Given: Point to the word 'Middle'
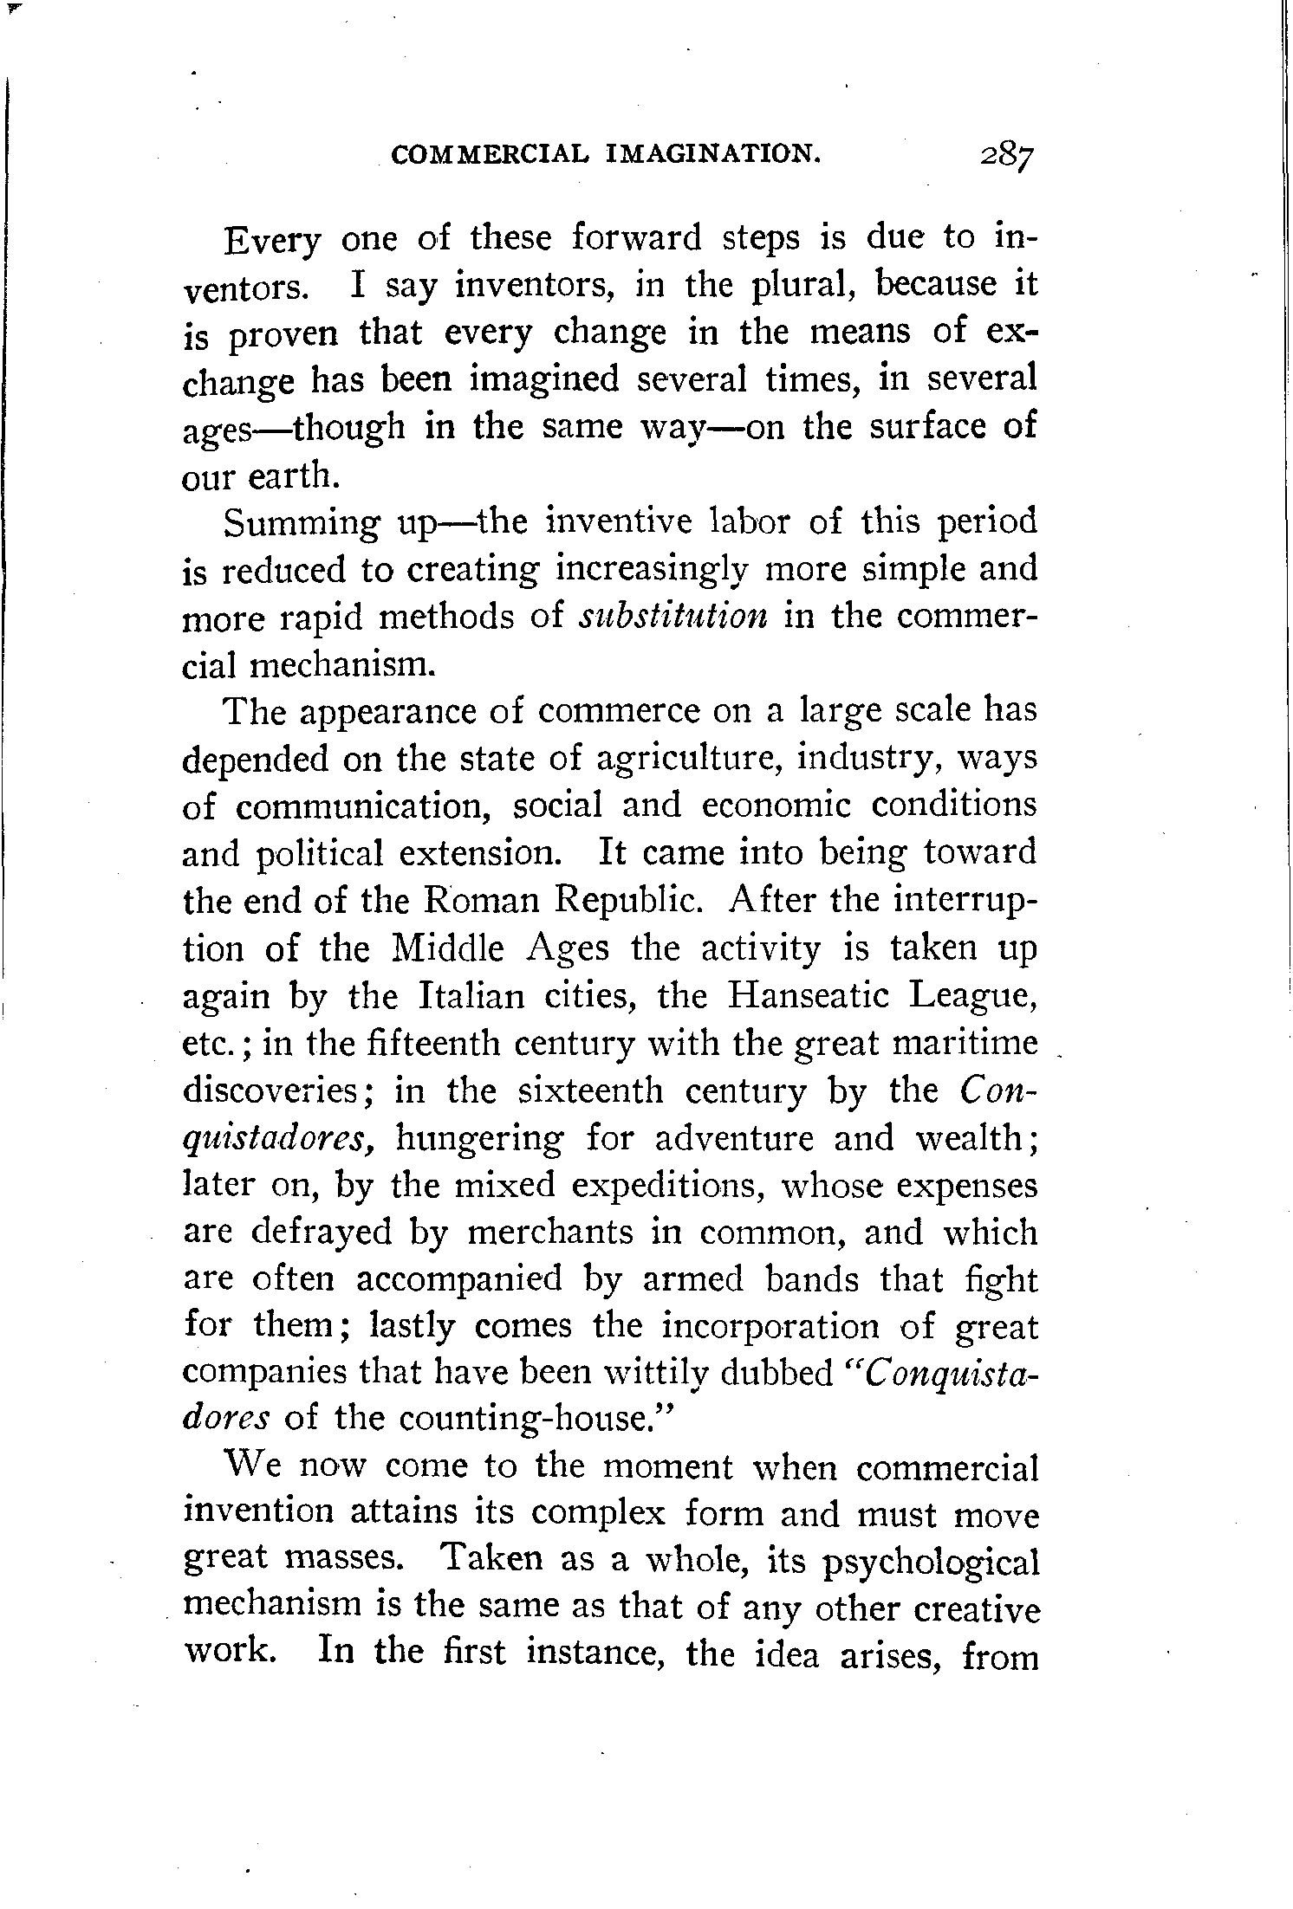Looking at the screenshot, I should [448, 949].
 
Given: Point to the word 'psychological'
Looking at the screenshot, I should [930, 1561].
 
